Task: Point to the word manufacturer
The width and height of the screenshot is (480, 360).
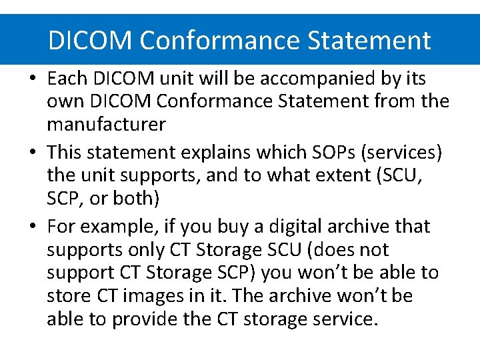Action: [x=106, y=125]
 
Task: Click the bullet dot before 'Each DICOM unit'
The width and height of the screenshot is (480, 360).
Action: [x=33, y=79]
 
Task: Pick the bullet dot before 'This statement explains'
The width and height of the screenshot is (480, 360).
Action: [x=33, y=153]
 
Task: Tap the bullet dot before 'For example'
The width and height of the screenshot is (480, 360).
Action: [x=33, y=227]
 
